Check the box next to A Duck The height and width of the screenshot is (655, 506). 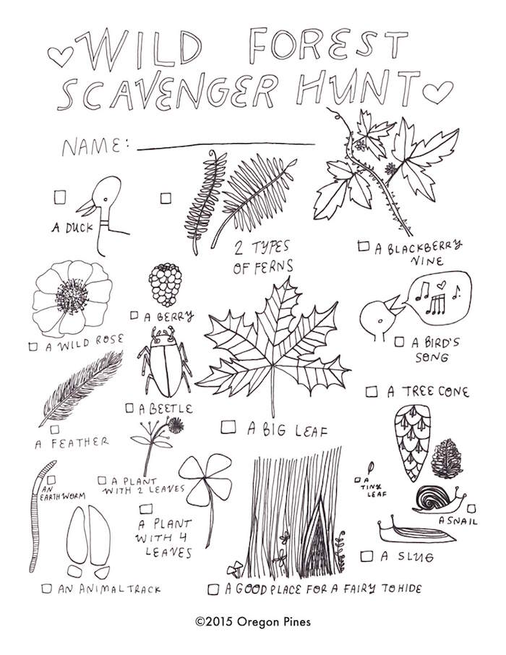click(60, 197)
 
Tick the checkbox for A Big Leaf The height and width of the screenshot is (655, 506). click(228, 427)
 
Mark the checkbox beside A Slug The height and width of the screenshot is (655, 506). click(366, 555)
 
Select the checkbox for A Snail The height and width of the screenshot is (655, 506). click(471, 508)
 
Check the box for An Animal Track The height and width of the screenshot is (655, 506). click(47, 588)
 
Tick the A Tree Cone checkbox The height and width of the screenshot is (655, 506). click(372, 392)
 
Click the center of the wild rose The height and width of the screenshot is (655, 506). click(72, 296)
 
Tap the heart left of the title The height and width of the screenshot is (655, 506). click(60, 56)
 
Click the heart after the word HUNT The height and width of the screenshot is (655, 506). click(437, 92)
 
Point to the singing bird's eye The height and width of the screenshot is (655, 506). click(379, 321)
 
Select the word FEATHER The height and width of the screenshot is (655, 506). click(80, 442)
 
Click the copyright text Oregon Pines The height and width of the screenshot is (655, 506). click(274, 622)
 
